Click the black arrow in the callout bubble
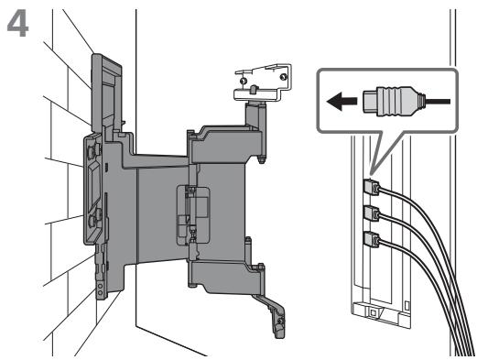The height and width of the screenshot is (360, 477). [x=341, y=101]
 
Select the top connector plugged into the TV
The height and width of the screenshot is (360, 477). [x=372, y=187]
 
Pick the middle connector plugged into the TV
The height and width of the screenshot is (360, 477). [x=372, y=213]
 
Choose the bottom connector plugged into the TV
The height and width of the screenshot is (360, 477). [x=372, y=239]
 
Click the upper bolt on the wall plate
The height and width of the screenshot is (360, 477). [x=92, y=150]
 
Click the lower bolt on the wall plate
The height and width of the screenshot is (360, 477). [x=93, y=220]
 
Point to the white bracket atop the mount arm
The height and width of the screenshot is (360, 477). [x=263, y=82]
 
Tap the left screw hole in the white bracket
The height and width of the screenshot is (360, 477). [x=243, y=82]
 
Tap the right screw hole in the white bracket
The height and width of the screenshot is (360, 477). [x=284, y=76]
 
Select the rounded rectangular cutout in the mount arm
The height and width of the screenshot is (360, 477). [x=193, y=215]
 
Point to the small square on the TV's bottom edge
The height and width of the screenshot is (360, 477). [x=373, y=312]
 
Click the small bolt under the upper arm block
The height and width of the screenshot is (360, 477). [x=261, y=159]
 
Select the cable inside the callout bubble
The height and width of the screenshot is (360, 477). [x=438, y=102]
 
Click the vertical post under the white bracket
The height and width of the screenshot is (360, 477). [x=255, y=115]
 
